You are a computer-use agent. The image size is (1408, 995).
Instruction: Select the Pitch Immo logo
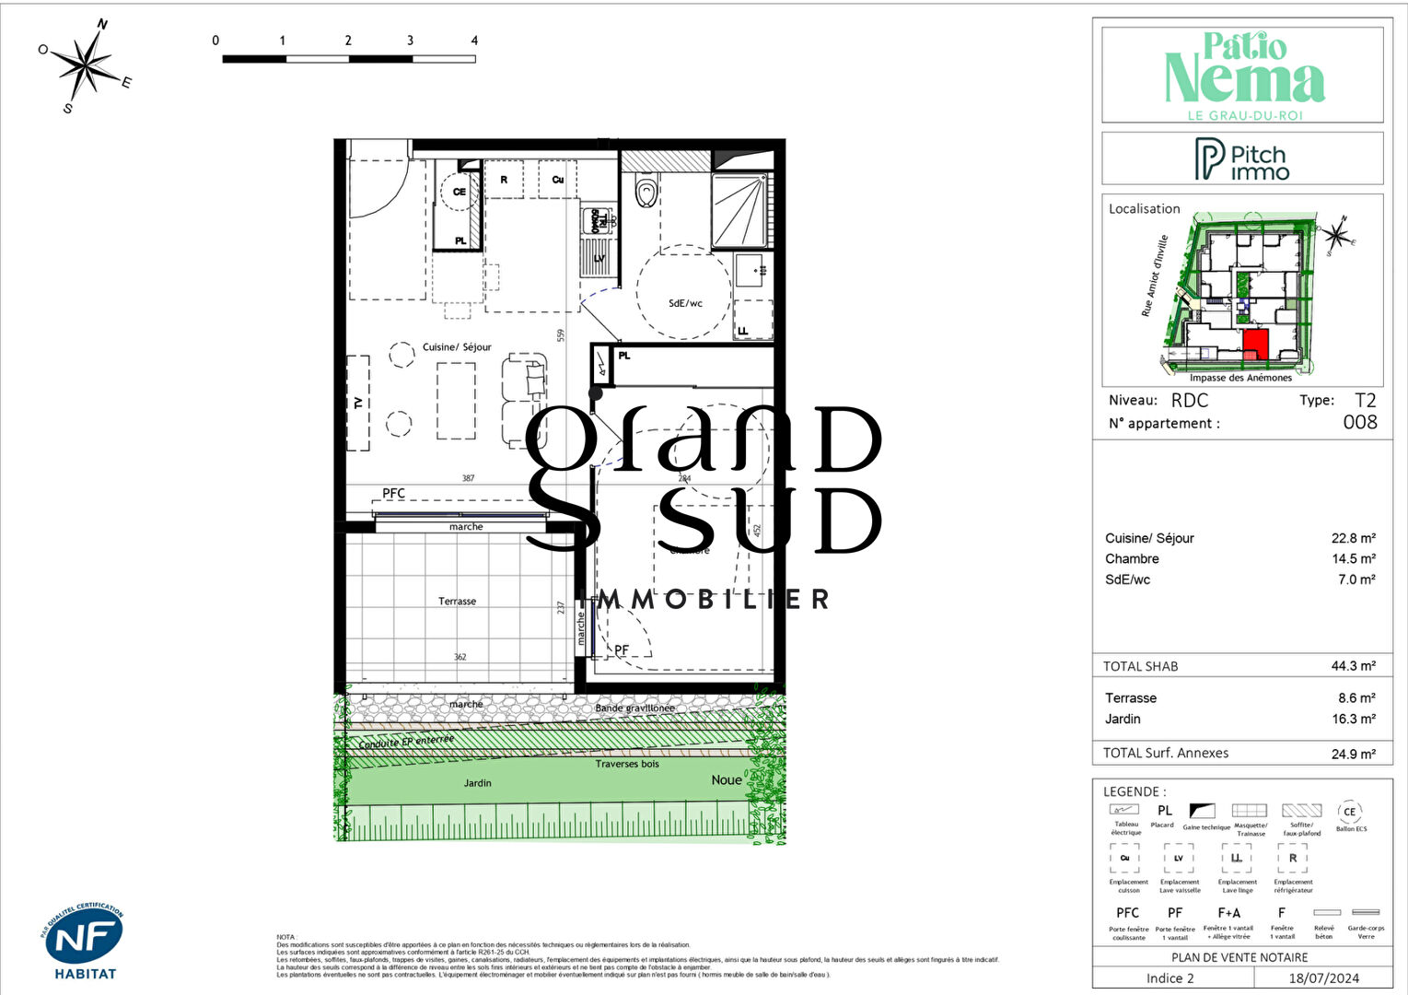pyautogui.click(x=1241, y=159)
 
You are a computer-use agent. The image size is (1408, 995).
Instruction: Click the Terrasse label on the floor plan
pyautogui.click(x=457, y=602)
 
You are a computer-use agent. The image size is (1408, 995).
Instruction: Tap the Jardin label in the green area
pyautogui.click(x=477, y=783)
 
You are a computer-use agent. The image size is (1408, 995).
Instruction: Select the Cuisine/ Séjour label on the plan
pyautogui.click(x=457, y=347)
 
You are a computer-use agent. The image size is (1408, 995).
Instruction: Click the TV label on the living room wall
pyautogui.click(x=357, y=403)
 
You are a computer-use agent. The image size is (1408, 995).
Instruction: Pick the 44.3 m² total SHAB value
pyautogui.click(x=1353, y=666)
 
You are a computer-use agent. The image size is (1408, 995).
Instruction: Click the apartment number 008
pyautogui.click(x=1359, y=423)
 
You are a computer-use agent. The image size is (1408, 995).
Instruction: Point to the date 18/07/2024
pyautogui.click(x=1323, y=978)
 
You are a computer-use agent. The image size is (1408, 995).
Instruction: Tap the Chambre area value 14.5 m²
pyautogui.click(x=1353, y=559)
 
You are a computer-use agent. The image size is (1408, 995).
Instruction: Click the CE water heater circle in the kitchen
pyautogui.click(x=459, y=192)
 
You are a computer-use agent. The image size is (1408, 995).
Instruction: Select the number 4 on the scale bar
pyautogui.click(x=474, y=41)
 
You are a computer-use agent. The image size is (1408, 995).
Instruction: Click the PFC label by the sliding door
pyautogui.click(x=393, y=494)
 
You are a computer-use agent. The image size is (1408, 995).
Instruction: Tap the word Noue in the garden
pyautogui.click(x=726, y=780)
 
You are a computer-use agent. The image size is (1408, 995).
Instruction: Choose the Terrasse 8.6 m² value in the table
pyautogui.click(x=1356, y=698)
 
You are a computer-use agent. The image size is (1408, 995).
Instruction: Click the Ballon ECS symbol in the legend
pyautogui.click(x=1349, y=813)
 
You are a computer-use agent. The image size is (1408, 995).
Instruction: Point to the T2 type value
pyautogui.click(x=1365, y=401)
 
